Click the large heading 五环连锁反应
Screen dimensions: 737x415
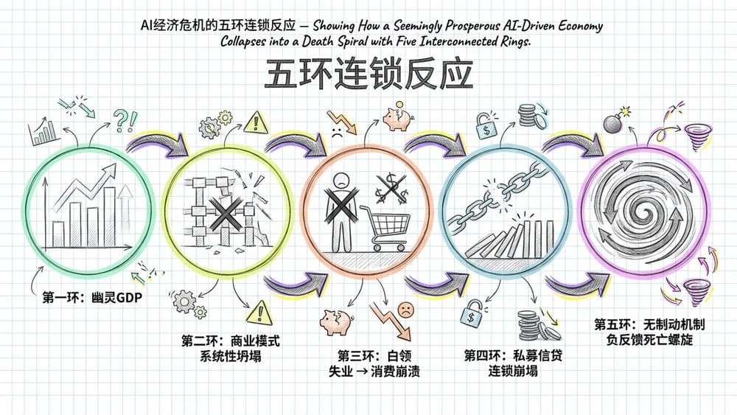click(369, 74)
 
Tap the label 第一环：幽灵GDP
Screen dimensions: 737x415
click(92, 298)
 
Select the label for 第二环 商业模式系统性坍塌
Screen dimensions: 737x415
click(230, 348)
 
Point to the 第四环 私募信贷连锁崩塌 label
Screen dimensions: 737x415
click(513, 363)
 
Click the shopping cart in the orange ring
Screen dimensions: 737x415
click(385, 229)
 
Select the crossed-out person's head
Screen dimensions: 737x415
click(341, 180)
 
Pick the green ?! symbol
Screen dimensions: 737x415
click(125, 120)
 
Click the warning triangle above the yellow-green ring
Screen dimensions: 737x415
click(256, 122)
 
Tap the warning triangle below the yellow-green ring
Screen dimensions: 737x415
click(259, 312)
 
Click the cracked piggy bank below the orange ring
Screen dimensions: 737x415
click(337, 322)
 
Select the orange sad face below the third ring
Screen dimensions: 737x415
click(405, 310)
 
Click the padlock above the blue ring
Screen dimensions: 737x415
click(486, 125)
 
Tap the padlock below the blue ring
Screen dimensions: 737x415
click(472, 314)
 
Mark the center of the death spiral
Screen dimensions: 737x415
click(644, 207)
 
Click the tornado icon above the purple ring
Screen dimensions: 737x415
click(697, 136)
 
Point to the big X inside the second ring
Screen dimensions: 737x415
click(226, 213)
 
